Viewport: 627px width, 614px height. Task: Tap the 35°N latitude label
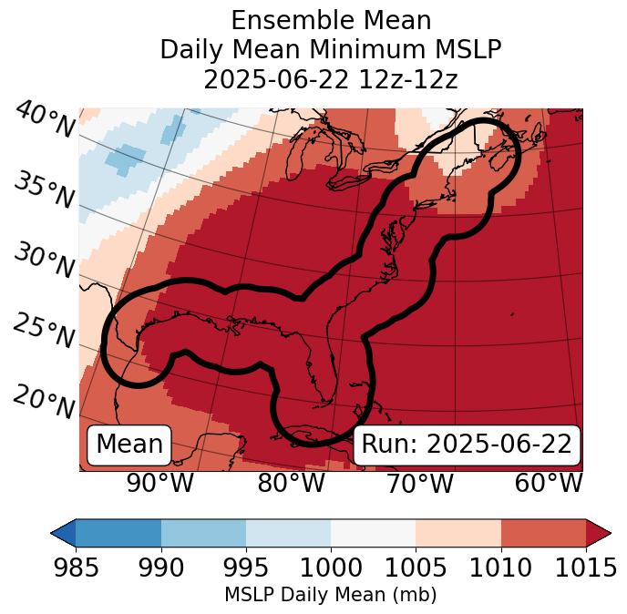coord(44,189)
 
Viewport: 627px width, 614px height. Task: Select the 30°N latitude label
coord(44,261)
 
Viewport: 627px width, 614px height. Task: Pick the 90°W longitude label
coord(159,483)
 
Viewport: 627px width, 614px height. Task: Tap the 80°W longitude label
coord(291,483)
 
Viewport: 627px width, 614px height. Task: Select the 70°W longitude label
coord(419,483)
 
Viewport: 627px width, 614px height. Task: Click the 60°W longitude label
coord(549,483)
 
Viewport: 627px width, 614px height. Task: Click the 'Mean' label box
coord(129,445)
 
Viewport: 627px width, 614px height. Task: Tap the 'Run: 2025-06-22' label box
coord(467,445)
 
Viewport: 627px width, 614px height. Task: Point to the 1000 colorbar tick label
coord(331,568)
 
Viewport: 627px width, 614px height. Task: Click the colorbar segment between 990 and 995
coord(203,532)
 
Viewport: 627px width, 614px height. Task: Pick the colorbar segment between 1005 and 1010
coord(458,532)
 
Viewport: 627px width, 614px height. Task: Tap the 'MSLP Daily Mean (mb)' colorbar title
coord(331,595)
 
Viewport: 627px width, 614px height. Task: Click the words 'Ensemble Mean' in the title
coord(331,20)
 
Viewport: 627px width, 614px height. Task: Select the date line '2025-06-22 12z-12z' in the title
coord(331,79)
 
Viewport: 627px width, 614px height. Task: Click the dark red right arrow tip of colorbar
coord(599,532)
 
